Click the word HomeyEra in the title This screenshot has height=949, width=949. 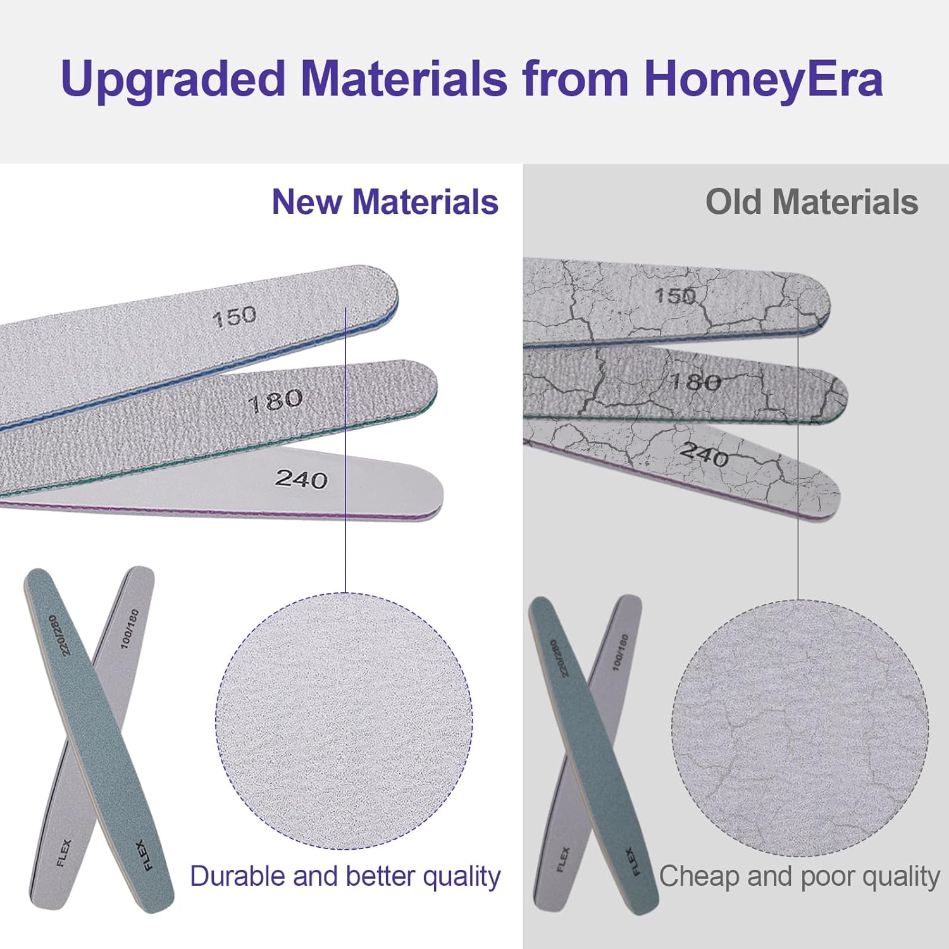point(763,79)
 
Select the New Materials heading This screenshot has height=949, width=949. point(385,202)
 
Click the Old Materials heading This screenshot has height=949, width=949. point(812,202)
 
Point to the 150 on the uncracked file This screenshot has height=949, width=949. point(234,316)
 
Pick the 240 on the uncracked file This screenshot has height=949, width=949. point(301,479)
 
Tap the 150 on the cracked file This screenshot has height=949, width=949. point(674,295)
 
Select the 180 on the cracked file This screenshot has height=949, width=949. point(695,381)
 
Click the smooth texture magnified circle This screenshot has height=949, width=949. point(344,721)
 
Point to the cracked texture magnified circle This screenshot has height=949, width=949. point(800,728)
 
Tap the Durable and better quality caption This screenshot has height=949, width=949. point(345,877)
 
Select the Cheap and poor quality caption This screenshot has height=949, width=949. point(800,877)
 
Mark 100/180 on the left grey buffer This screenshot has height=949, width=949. point(129,628)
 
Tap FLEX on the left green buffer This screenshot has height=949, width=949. point(144,855)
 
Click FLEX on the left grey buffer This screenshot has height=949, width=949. point(64,852)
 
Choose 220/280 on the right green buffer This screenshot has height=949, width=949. point(559,659)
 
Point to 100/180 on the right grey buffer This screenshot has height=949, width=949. point(620,652)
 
